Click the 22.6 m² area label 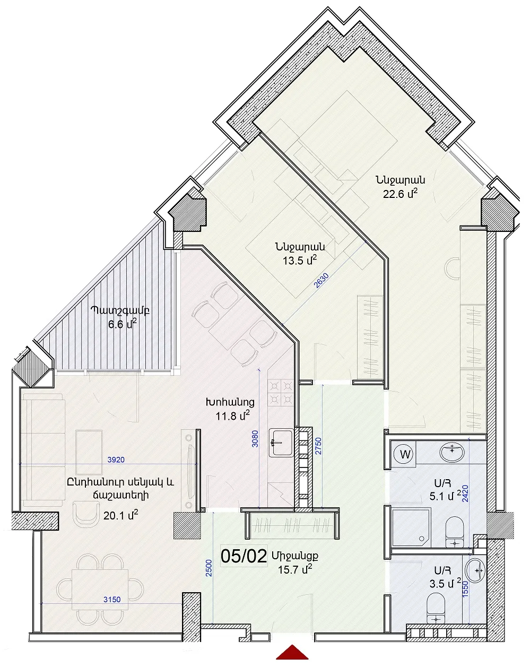point(400,194)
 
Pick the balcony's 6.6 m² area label point(123,325)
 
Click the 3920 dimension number point(116,460)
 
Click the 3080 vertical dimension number point(255,439)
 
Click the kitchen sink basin point(281,443)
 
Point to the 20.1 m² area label point(120,516)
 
